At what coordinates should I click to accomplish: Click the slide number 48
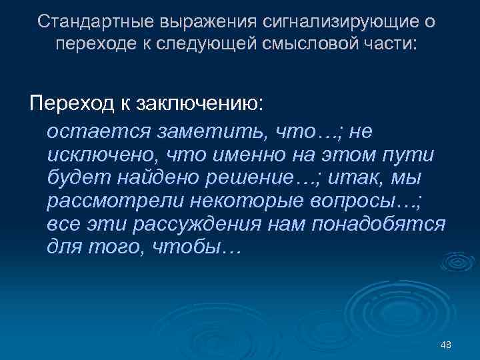coord(447,345)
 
